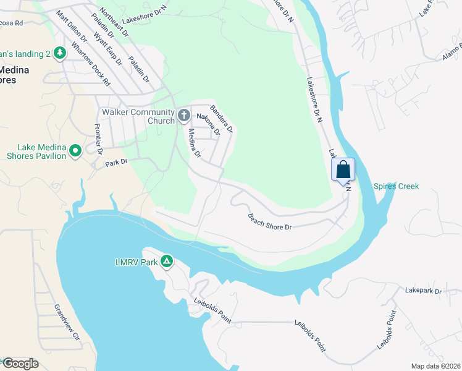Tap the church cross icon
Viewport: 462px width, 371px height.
183,115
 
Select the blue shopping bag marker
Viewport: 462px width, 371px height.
343,169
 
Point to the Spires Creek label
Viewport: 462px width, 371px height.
396,186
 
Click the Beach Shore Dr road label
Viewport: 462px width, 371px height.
269,222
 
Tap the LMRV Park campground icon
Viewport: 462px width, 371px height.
166,262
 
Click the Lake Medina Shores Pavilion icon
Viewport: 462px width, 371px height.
75,150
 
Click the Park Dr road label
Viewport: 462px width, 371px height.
115,163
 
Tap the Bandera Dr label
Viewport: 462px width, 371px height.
220,119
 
